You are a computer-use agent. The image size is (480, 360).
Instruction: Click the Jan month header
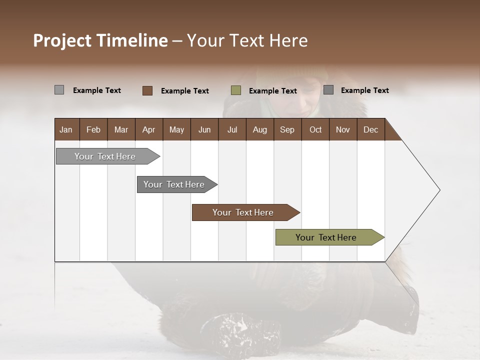click(x=66, y=129)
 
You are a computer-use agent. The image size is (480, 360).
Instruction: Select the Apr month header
click(x=148, y=129)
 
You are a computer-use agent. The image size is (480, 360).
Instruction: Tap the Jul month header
click(x=232, y=129)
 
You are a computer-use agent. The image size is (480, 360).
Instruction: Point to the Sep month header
click(x=287, y=129)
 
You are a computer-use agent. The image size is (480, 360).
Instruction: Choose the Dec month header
click(x=370, y=129)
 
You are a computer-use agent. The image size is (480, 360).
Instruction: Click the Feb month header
click(x=93, y=129)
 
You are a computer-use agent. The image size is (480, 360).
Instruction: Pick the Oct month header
click(x=315, y=129)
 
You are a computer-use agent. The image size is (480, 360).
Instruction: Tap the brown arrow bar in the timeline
click(x=243, y=212)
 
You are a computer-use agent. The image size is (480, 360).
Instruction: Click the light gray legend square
click(x=59, y=90)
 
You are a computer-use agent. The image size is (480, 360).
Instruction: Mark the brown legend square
click(x=147, y=90)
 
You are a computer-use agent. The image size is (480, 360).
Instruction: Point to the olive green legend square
click(x=236, y=90)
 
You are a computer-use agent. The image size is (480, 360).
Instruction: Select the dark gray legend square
click(x=328, y=90)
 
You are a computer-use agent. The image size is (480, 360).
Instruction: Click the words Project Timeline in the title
click(x=100, y=40)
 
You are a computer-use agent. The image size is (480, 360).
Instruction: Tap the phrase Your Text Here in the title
click(x=247, y=40)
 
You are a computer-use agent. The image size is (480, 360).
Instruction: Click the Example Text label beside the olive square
click(x=273, y=91)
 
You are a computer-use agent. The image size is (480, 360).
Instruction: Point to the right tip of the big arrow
click(x=439, y=190)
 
